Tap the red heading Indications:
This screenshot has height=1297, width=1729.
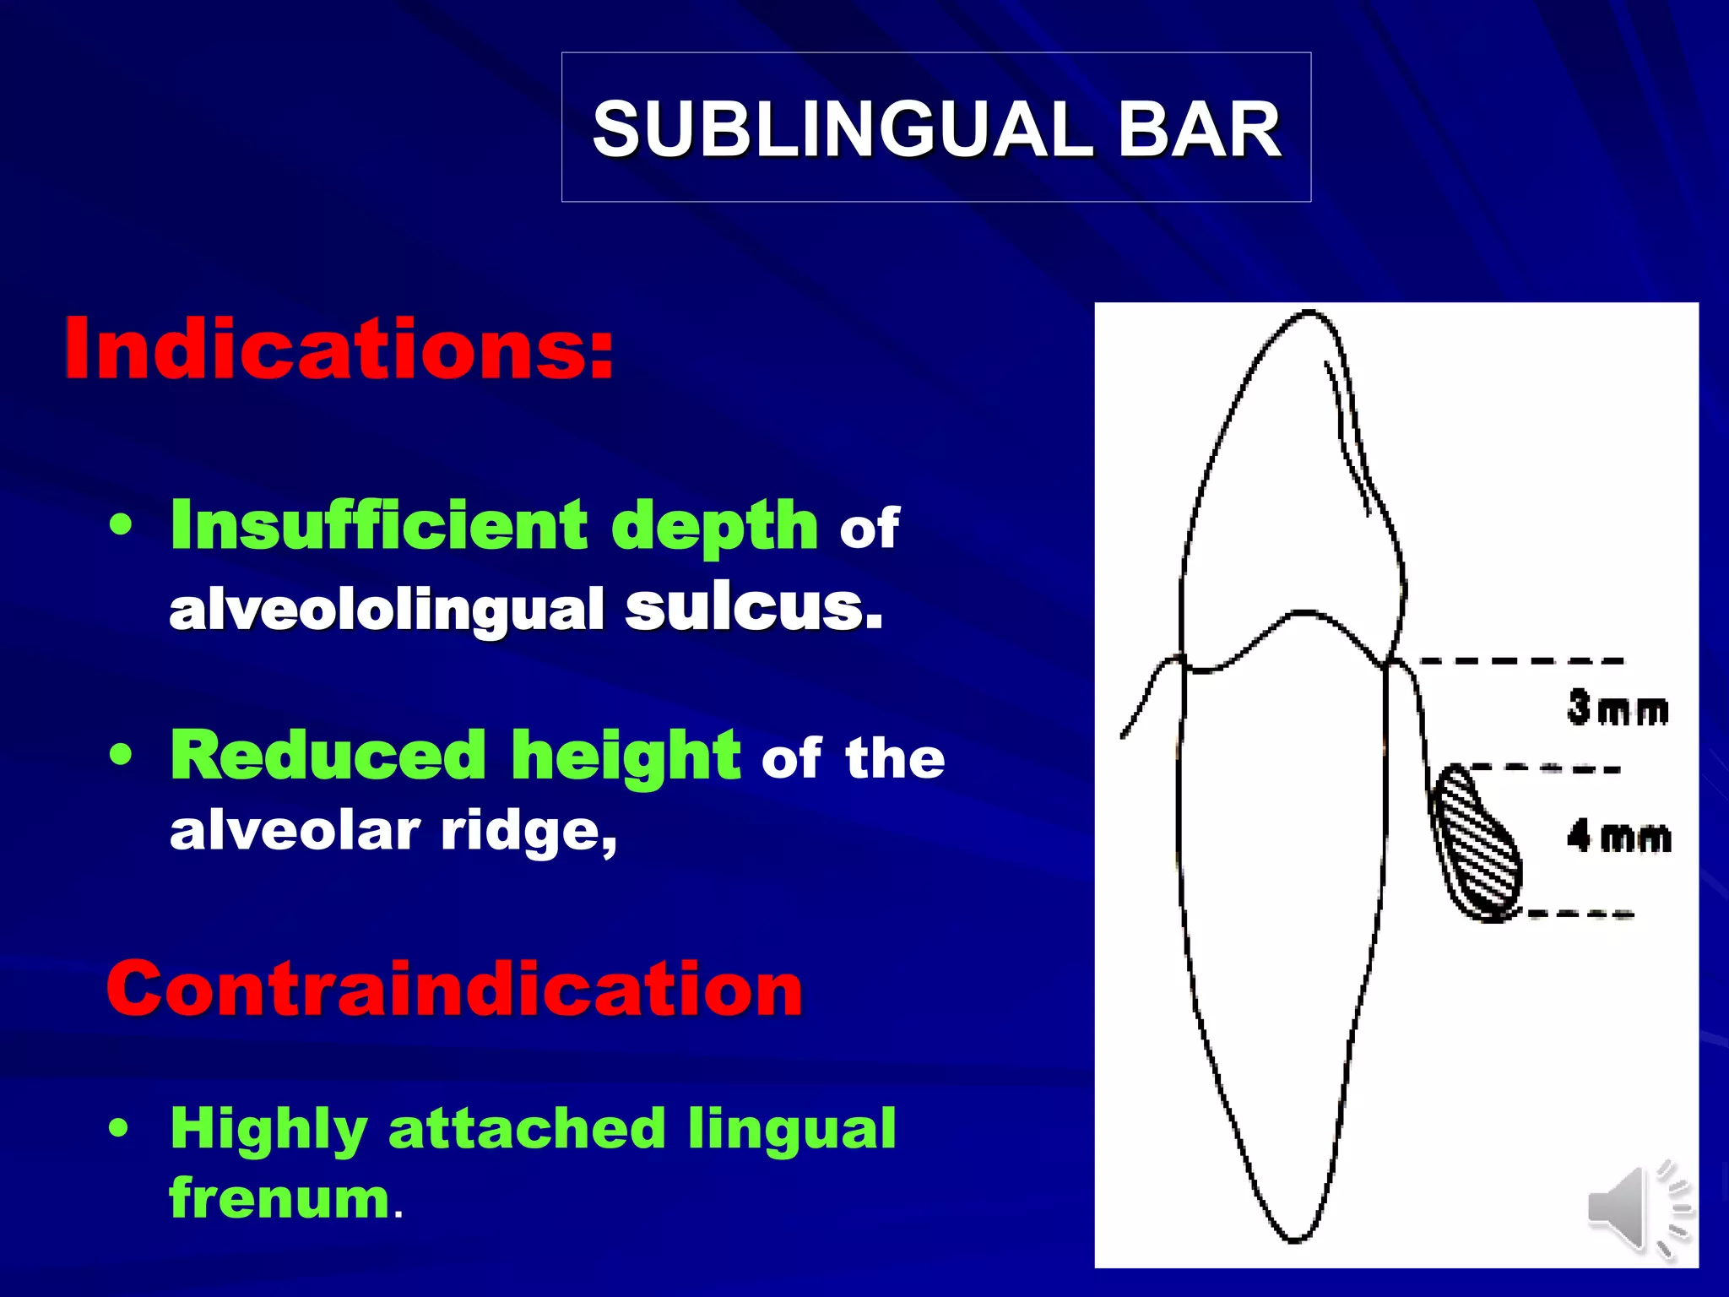tap(339, 349)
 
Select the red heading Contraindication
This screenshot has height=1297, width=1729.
tap(454, 989)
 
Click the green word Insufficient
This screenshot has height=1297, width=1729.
tap(378, 524)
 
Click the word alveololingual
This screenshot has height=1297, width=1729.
tap(386, 609)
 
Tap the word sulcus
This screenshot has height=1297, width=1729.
tap(753, 607)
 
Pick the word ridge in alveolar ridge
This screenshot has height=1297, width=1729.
tap(528, 832)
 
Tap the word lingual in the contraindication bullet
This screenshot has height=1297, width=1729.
tap(791, 1128)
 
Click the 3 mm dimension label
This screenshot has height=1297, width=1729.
tap(1618, 708)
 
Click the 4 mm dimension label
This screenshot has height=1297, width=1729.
tap(1618, 838)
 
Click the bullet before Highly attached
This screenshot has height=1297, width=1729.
tap(121, 1128)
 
